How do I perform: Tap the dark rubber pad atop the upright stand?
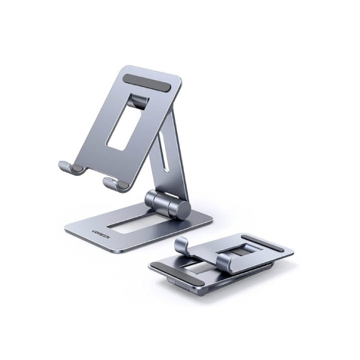(x=147, y=83)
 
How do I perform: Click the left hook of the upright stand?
(x=70, y=168)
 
